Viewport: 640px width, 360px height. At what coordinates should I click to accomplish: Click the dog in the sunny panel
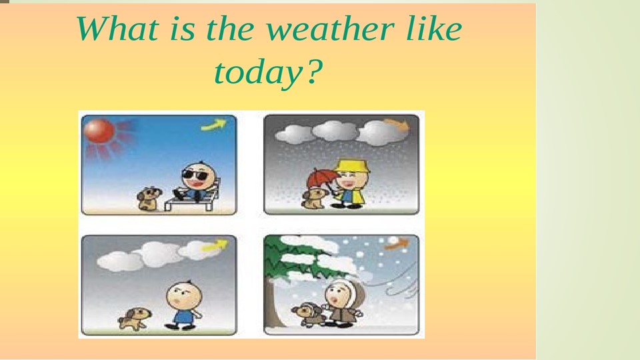[149, 198]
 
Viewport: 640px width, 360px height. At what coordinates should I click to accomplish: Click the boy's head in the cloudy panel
[180, 293]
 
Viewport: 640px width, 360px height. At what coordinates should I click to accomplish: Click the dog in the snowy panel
[307, 313]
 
